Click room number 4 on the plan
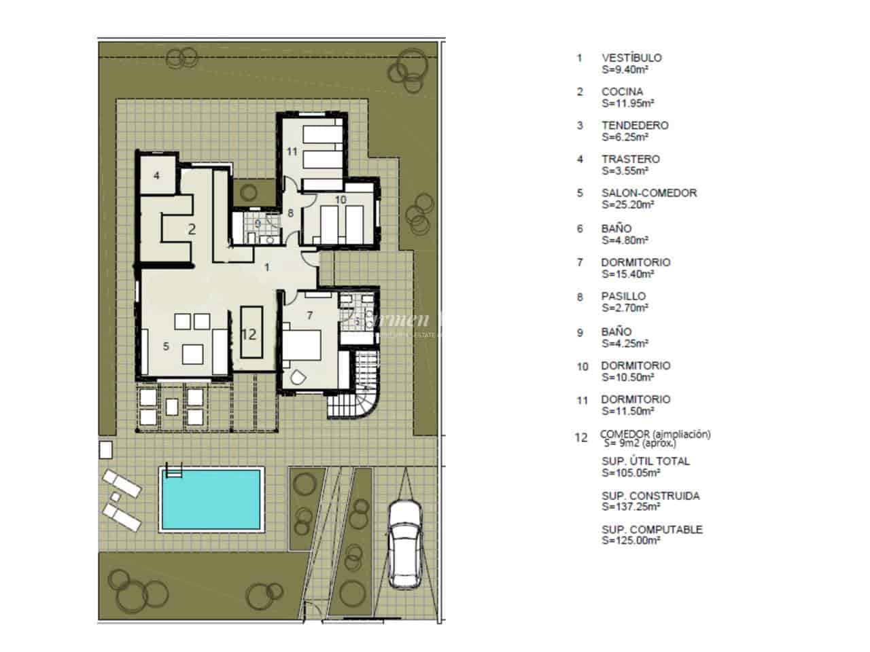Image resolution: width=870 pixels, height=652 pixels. (x=156, y=175)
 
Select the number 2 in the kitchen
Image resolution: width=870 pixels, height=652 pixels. (x=192, y=229)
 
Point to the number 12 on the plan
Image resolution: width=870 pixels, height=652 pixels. (x=249, y=334)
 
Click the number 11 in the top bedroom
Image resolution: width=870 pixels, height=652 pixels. (x=292, y=151)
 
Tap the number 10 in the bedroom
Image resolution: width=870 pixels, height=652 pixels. (x=341, y=199)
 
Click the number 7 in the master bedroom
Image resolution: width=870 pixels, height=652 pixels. (x=309, y=315)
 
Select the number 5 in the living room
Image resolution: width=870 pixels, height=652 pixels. (x=166, y=346)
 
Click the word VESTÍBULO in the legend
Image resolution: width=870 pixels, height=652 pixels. (x=631, y=58)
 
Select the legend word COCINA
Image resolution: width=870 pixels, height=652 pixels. (x=621, y=92)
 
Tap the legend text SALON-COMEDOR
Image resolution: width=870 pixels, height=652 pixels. (x=648, y=193)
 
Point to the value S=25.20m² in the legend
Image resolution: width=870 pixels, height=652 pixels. (x=627, y=204)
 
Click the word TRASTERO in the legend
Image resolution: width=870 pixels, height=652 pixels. (x=629, y=159)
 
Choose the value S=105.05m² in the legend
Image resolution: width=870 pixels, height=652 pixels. (x=630, y=473)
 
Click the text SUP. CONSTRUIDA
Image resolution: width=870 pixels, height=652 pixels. (x=650, y=496)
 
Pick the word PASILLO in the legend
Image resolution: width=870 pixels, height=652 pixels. (x=623, y=296)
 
